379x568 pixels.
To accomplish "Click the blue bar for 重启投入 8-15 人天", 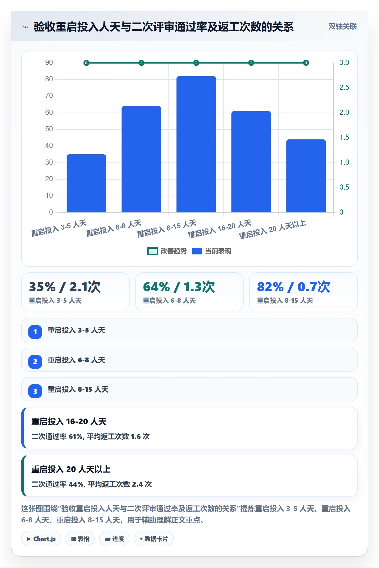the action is click(x=196, y=144).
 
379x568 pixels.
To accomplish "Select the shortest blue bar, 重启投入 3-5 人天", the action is click(x=86, y=183).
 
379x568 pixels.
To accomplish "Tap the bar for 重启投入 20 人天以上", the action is click(x=306, y=176).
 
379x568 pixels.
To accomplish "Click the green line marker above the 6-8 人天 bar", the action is click(x=141, y=63).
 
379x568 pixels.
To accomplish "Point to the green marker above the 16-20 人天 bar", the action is click(x=251, y=63).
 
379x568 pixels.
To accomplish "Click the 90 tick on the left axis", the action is click(x=49, y=63).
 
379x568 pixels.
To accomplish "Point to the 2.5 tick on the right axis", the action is click(x=344, y=87).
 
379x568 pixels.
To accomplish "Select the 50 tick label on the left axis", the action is click(x=49, y=129).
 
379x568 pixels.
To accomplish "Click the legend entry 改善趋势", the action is click(x=167, y=251).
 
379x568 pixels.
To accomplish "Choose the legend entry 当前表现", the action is click(x=212, y=251).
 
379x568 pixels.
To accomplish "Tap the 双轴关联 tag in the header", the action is click(x=342, y=27).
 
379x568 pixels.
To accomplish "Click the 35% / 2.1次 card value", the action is click(x=65, y=287).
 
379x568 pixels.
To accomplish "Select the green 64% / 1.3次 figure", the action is click(x=179, y=287).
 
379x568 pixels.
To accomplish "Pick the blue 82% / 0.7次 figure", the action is click(x=293, y=287).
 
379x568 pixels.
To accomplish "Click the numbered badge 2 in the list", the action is click(x=35, y=362).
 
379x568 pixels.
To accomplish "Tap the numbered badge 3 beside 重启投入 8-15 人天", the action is click(x=35, y=391).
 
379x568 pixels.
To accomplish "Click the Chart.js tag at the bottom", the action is click(x=41, y=539).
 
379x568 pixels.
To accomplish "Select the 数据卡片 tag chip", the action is click(x=154, y=539).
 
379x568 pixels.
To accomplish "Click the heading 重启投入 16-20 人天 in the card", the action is click(x=69, y=422).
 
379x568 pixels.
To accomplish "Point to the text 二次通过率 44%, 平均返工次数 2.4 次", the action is click(x=92, y=484).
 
